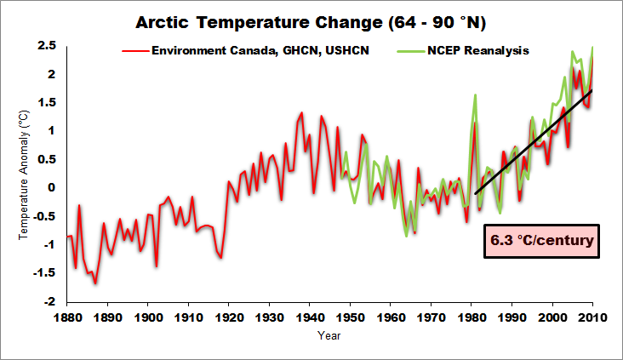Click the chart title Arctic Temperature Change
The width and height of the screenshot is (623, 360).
tap(311, 20)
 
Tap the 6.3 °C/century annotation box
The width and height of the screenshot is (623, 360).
tap(541, 243)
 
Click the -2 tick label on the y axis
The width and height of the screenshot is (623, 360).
tap(54, 301)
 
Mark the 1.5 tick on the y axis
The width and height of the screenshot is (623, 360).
tap(51, 102)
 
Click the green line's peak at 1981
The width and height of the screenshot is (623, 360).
tap(475, 94)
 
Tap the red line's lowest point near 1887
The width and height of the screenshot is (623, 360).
tap(95, 283)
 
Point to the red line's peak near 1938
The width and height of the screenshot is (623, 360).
tap(301, 112)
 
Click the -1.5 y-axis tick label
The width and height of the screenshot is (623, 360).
tap(49, 273)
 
